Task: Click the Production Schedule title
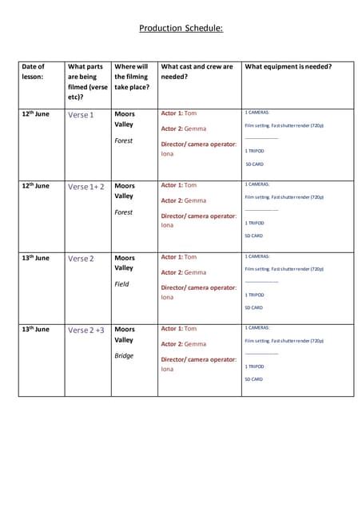[181, 28]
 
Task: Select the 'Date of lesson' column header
[34, 72]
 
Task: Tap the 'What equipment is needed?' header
[288, 67]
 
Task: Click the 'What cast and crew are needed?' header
[197, 72]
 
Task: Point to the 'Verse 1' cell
[81, 115]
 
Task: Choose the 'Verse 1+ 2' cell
[86, 187]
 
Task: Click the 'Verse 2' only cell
[81, 259]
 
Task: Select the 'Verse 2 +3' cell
[86, 330]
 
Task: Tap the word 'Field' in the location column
[121, 283]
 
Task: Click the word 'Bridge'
[124, 355]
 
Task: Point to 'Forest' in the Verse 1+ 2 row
[124, 212]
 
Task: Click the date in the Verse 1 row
[35, 114]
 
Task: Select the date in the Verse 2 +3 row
[35, 329]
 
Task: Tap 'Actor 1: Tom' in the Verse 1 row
[179, 113]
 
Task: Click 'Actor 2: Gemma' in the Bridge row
[184, 344]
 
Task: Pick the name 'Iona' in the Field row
[167, 297]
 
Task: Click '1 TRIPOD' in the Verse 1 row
[254, 151]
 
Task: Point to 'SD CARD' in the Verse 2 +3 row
[253, 379]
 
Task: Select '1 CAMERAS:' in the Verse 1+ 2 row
[257, 184]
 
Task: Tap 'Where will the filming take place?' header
[132, 77]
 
